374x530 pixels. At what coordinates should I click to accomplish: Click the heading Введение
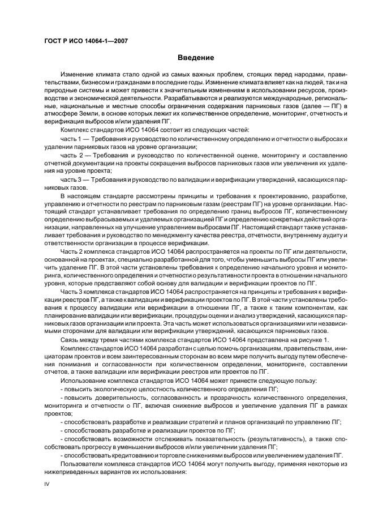196,57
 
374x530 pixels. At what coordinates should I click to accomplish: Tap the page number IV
47,484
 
